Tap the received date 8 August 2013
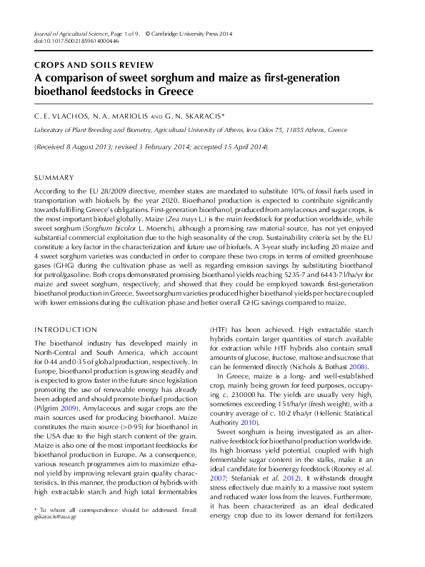coord(91,147)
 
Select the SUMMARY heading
coord(54,177)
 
